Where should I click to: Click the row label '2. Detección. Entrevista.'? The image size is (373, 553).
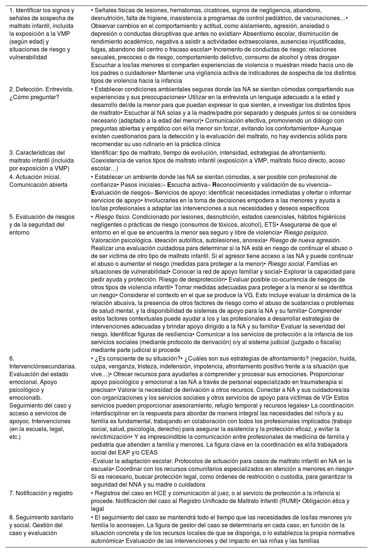pyautogui.click(x=41, y=89)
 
